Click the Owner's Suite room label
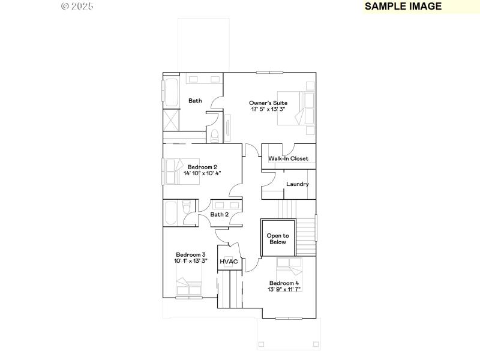(267, 103)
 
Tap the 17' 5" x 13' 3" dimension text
(267, 110)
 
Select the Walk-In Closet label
(288, 158)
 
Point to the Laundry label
(297, 184)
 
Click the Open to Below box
(278, 239)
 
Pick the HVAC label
(229, 262)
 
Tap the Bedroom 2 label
(202, 167)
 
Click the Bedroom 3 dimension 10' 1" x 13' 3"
(191, 261)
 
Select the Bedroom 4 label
(284, 283)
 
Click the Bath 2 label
(219, 214)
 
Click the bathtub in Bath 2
(171, 213)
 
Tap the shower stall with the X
(171, 119)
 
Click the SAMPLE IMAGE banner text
(403, 7)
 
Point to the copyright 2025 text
(77, 6)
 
